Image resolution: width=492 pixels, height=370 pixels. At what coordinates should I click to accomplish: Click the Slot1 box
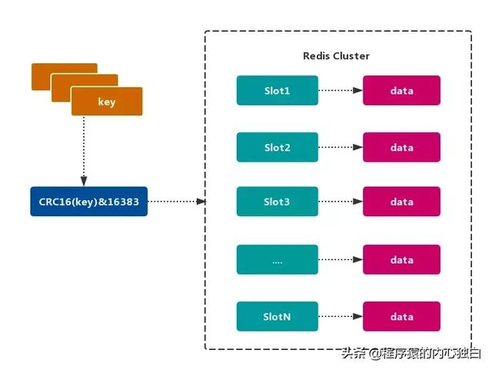click(278, 91)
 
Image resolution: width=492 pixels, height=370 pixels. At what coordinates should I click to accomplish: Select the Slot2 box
click(278, 148)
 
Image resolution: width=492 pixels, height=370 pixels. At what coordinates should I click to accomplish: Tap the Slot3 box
click(278, 202)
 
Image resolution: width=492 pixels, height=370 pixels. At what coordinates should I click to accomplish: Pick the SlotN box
click(278, 316)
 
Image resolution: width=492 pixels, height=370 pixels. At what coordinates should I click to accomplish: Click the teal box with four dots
click(278, 260)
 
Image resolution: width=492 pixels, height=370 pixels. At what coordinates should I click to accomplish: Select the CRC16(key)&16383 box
click(89, 202)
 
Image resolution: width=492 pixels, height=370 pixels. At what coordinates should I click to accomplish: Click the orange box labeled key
click(107, 102)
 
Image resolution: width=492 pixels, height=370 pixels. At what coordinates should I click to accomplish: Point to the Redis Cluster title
click(336, 56)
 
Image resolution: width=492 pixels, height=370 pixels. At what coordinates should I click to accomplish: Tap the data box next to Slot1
click(401, 91)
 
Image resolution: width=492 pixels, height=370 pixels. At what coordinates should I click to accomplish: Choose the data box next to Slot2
click(401, 148)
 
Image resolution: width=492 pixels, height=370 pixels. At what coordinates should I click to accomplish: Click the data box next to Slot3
click(401, 202)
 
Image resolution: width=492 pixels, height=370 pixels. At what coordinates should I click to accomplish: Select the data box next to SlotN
click(401, 316)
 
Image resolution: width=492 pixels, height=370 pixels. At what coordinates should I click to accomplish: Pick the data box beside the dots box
click(401, 260)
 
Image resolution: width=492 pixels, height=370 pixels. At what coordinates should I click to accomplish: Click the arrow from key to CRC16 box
click(84, 151)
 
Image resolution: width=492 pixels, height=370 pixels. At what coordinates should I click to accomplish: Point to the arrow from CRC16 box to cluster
click(177, 202)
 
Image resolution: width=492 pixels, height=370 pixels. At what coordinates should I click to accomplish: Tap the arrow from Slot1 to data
click(341, 91)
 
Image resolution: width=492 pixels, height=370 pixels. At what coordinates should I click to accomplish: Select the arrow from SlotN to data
click(341, 316)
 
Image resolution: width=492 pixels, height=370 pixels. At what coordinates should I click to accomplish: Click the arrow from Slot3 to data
click(341, 202)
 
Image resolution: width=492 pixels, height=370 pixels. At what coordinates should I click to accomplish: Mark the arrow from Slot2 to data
click(341, 148)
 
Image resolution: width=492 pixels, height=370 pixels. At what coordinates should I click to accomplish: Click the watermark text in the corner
click(411, 353)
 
